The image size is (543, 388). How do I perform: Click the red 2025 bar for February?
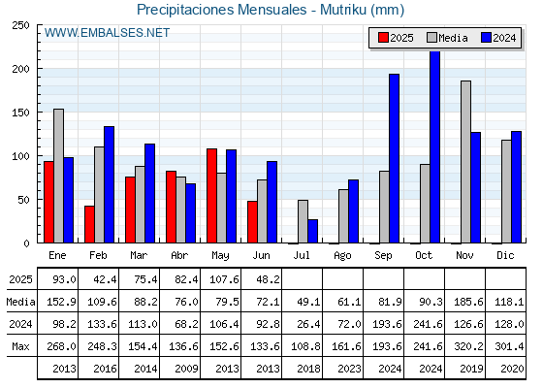[x=89, y=224]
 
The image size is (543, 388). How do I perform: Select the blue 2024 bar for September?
[x=394, y=158]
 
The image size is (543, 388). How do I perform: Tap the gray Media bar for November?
[x=465, y=162]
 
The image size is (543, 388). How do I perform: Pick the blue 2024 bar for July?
[x=312, y=231]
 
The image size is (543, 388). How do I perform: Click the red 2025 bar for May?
[x=211, y=196]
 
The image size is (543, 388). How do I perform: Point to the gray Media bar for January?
[x=58, y=176]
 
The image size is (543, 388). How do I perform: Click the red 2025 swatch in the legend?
[x=383, y=38]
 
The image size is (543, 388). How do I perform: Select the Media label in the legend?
[x=453, y=38]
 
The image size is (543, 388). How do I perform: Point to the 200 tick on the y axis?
[x=39, y=69]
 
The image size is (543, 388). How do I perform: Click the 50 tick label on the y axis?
[x=24, y=200]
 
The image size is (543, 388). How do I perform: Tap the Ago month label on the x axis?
[x=342, y=256]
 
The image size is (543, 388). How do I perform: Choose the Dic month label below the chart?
[x=505, y=255]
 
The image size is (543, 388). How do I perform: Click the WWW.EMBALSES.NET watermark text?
[x=107, y=33]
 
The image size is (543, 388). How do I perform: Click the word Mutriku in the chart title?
[x=343, y=10]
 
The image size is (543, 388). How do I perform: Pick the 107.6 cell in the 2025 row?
[x=224, y=279]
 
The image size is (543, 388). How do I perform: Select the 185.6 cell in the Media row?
[x=468, y=302]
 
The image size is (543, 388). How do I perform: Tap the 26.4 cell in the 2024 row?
[x=308, y=324]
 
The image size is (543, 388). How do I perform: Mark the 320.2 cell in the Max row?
[x=468, y=346]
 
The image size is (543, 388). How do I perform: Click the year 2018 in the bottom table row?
[x=308, y=369]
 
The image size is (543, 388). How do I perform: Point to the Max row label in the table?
[x=20, y=346]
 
